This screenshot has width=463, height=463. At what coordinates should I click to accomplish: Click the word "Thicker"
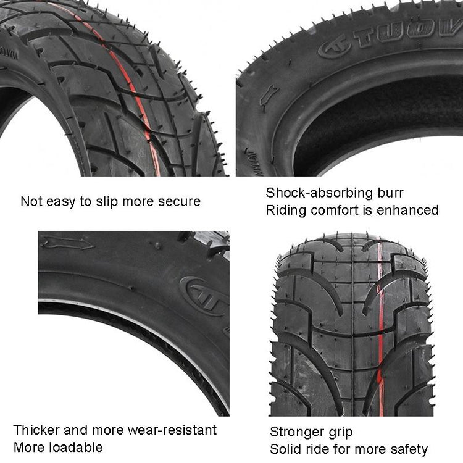click(36, 430)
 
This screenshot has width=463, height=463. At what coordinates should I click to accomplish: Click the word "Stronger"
click(298, 432)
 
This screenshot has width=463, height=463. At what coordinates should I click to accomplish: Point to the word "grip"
click(342, 433)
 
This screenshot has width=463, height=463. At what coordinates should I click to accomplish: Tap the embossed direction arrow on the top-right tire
click(268, 95)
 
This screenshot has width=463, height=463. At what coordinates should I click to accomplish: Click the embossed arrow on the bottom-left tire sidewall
click(68, 242)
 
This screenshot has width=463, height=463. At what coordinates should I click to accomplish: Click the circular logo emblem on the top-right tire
click(334, 48)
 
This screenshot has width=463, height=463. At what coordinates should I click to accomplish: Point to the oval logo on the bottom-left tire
click(204, 296)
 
